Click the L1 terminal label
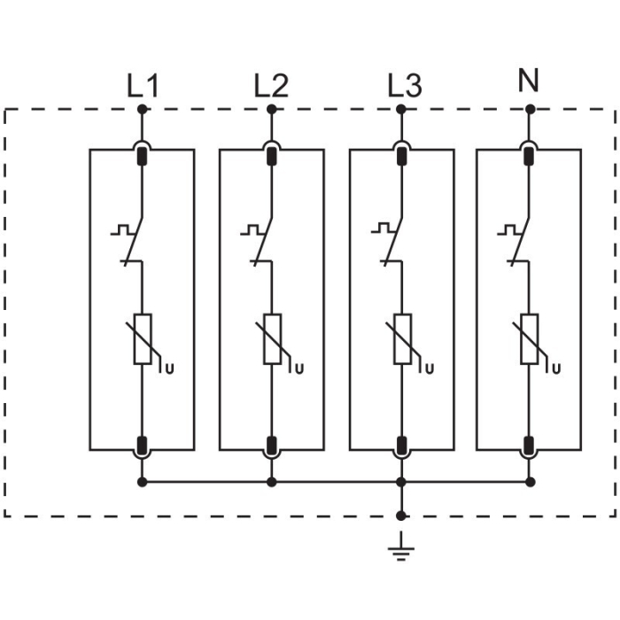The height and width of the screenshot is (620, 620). [142, 87]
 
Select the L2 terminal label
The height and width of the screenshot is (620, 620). [270, 86]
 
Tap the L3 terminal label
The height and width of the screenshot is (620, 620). [405, 86]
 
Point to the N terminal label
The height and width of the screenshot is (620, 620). [529, 81]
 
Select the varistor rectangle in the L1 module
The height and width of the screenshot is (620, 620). [142, 339]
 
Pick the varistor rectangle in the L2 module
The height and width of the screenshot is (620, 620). [272, 339]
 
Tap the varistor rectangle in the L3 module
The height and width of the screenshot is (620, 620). [401, 339]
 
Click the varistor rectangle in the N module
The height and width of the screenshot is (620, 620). [530, 339]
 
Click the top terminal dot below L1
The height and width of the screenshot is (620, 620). [142, 109]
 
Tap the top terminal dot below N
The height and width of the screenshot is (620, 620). [530, 109]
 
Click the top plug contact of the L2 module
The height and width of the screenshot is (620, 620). [272, 158]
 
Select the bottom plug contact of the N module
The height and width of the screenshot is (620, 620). [530, 444]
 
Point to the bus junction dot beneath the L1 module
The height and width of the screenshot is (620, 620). [142, 482]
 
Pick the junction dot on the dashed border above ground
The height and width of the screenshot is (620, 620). [400, 515]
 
